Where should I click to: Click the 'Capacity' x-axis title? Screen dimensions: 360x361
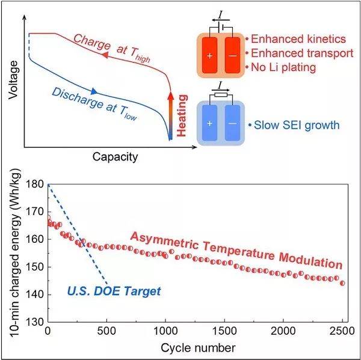click(x=114, y=157)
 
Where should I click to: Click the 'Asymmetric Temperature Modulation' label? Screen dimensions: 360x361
click(x=236, y=250)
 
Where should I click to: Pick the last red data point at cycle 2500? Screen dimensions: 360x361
click(x=342, y=283)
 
